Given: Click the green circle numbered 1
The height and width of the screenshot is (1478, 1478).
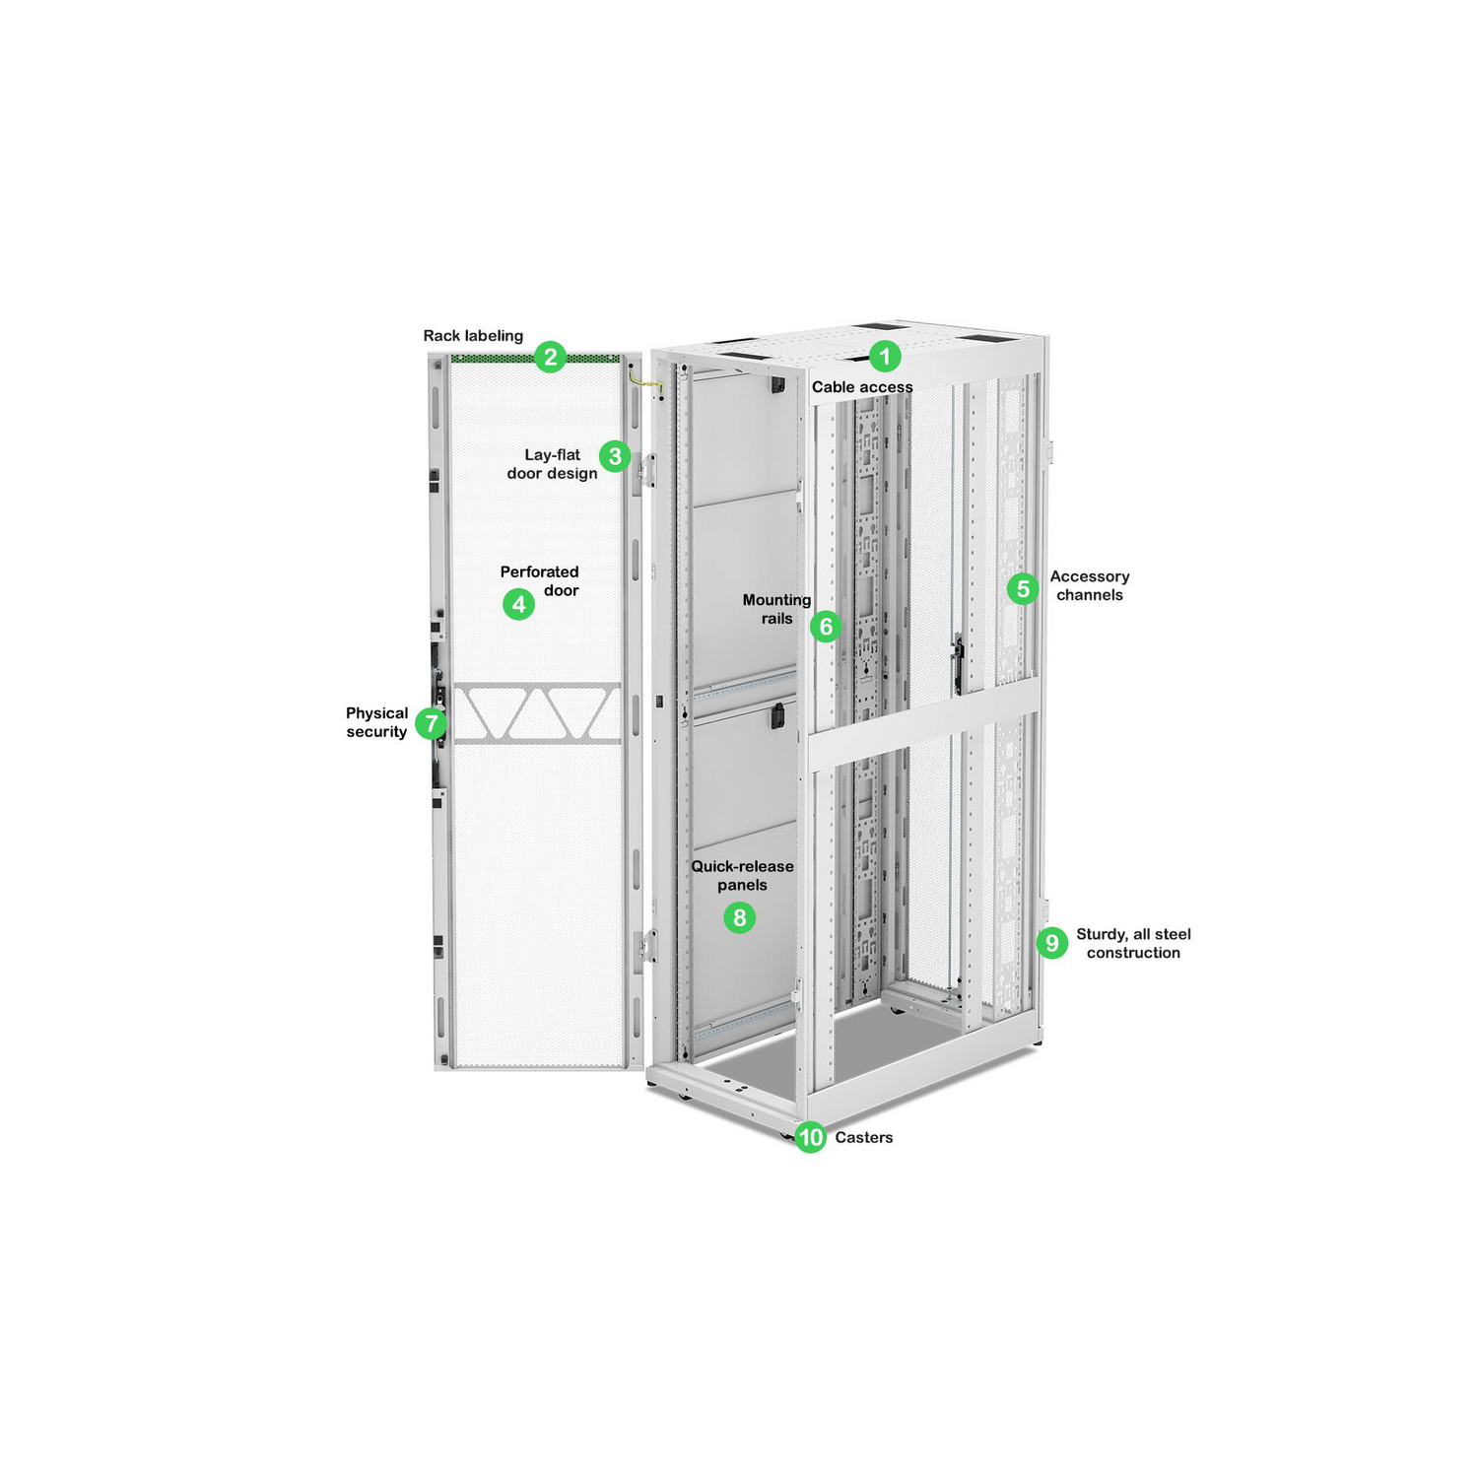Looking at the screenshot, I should pyautogui.click(x=885, y=357).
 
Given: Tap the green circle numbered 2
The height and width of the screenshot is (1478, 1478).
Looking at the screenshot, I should pyautogui.click(x=551, y=357).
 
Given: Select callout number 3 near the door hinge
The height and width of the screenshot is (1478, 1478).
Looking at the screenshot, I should pyautogui.click(x=615, y=456).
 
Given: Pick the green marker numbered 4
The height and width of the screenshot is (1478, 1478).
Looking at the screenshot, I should pyautogui.click(x=519, y=604).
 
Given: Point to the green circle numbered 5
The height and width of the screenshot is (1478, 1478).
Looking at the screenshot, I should pyautogui.click(x=1023, y=589).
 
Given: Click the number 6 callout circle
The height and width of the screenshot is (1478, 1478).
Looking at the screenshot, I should pyautogui.click(x=826, y=627).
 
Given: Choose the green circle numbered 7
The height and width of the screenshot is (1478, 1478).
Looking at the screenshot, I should pyautogui.click(x=431, y=723).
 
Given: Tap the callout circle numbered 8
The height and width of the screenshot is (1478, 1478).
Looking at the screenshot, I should pyautogui.click(x=739, y=918).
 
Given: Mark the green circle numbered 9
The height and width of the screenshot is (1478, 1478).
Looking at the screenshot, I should pyautogui.click(x=1052, y=943).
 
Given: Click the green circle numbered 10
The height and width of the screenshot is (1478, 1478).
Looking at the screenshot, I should pyautogui.click(x=810, y=1137).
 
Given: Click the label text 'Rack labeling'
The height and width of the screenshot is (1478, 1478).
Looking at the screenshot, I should pyautogui.click(x=473, y=336).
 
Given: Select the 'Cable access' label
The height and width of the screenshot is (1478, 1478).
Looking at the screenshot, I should pyautogui.click(x=862, y=387).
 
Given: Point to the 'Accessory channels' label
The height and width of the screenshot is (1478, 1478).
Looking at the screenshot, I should pyautogui.click(x=1089, y=586).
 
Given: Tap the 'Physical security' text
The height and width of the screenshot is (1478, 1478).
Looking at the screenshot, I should pyautogui.click(x=376, y=722).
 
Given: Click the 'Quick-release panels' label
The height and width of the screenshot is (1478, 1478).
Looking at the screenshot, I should pyautogui.click(x=742, y=876).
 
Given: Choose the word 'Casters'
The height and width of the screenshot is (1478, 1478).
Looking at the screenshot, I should pyautogui.click(x=864, y=1137).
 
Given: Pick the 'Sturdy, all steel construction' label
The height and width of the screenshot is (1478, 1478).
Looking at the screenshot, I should pyautogui.click(x=1133, y=943).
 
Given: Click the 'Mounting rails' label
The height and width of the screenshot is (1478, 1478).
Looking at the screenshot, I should pyautogui.click(x=776, y=609).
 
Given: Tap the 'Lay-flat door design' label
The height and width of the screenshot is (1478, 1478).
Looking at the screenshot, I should pyautogui.click(x=553, y=464).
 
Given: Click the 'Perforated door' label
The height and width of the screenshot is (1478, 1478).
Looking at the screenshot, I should pyautogui.click(x=540, y=581).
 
